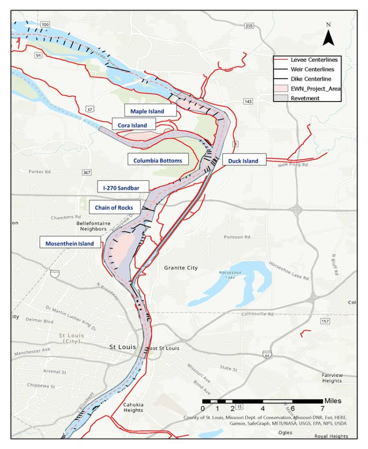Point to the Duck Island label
coord(243,161)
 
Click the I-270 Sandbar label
coord(123,188)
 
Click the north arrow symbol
coord(328,36)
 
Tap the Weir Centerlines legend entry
coord(307,69)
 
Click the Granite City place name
coord(181,268)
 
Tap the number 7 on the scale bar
coord(322,408)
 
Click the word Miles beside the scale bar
coord(333,400)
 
